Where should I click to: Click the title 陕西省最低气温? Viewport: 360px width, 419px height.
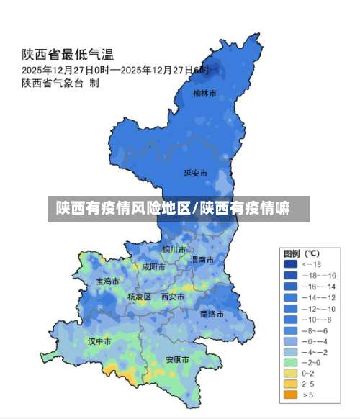click(x=68, y=54)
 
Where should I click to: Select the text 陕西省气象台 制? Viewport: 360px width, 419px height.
click(x=60, y=83)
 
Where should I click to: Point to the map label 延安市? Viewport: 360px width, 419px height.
click(x=195, y=173)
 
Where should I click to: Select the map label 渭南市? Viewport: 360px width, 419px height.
click(x=202, y=259)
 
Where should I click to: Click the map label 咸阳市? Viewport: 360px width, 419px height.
click(x=153, y=266)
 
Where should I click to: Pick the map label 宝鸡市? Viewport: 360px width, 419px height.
click(x=108, y=281)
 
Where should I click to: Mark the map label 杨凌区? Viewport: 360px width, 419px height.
click(x=139, y=297)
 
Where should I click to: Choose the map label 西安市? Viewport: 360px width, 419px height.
click(x=173, y=297)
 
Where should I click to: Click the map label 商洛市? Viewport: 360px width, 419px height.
click(x=212, y=314)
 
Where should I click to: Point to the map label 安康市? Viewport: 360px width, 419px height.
click(x=177, y=359)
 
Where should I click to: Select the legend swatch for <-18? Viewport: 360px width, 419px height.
click(x=291, y=265)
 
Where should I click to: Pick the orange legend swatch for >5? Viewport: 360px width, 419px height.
click(x=291, y=395)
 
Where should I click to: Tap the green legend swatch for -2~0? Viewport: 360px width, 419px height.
click(x=291, y=362)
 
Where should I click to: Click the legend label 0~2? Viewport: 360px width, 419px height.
click(x=308, y=373)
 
